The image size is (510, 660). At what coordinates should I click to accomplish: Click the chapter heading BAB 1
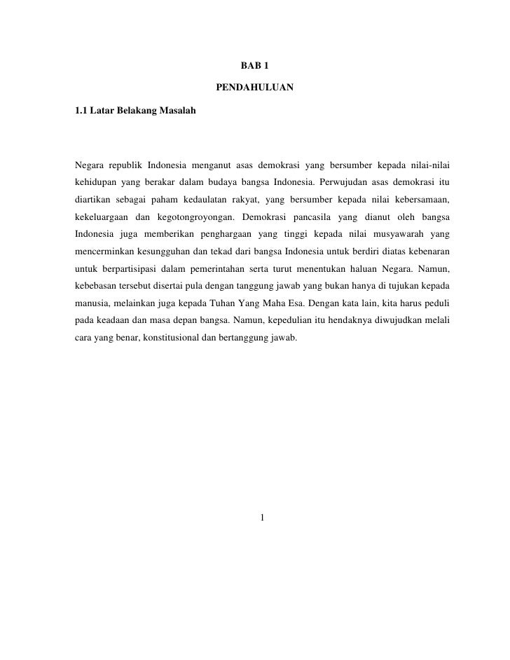(255, 66)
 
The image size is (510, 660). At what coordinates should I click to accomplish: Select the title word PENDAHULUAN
(255, 88)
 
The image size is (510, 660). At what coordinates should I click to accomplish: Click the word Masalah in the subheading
(178, 111)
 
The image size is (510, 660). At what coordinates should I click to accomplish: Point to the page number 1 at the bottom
(261, 518)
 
